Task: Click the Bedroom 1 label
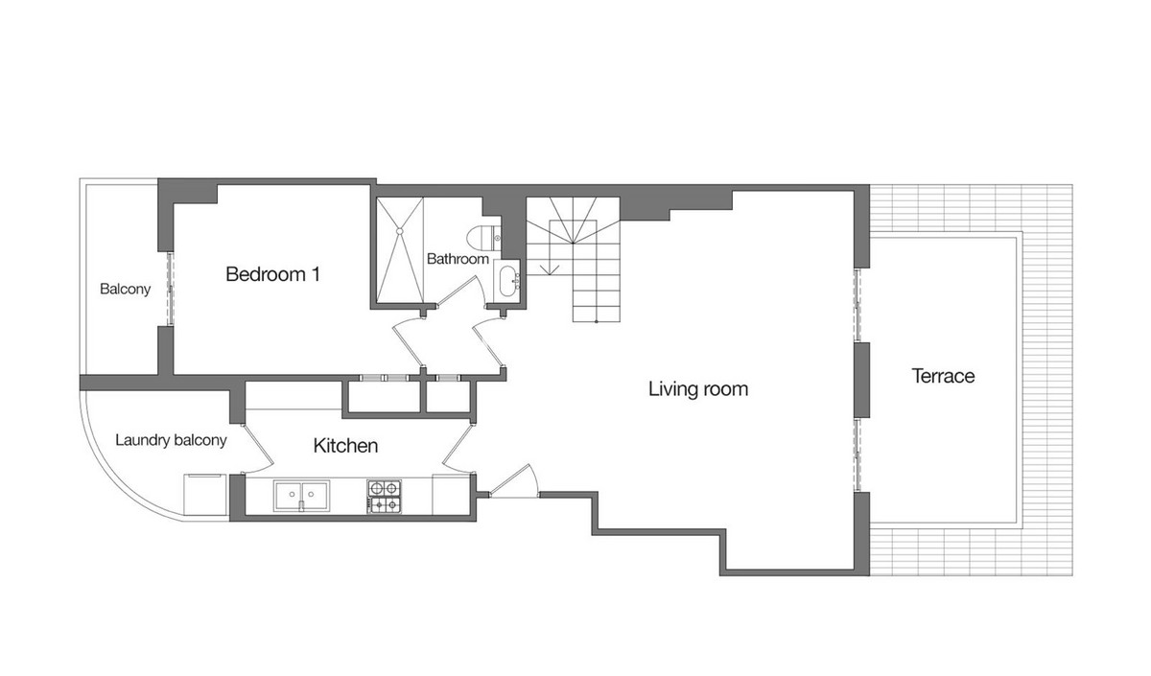point(272,274)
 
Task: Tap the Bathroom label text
point(458,259)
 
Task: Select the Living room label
point(697,389)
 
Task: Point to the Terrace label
point(942,376)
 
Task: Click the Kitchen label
point(345,446)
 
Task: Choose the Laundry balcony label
point(171,441)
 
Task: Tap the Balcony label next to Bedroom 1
point(125,289)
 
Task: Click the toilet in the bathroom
point(482,236)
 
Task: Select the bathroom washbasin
point(508,280)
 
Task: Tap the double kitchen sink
point(301,496)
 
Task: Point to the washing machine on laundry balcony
point(204,494)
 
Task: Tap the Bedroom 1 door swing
point(407,341)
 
